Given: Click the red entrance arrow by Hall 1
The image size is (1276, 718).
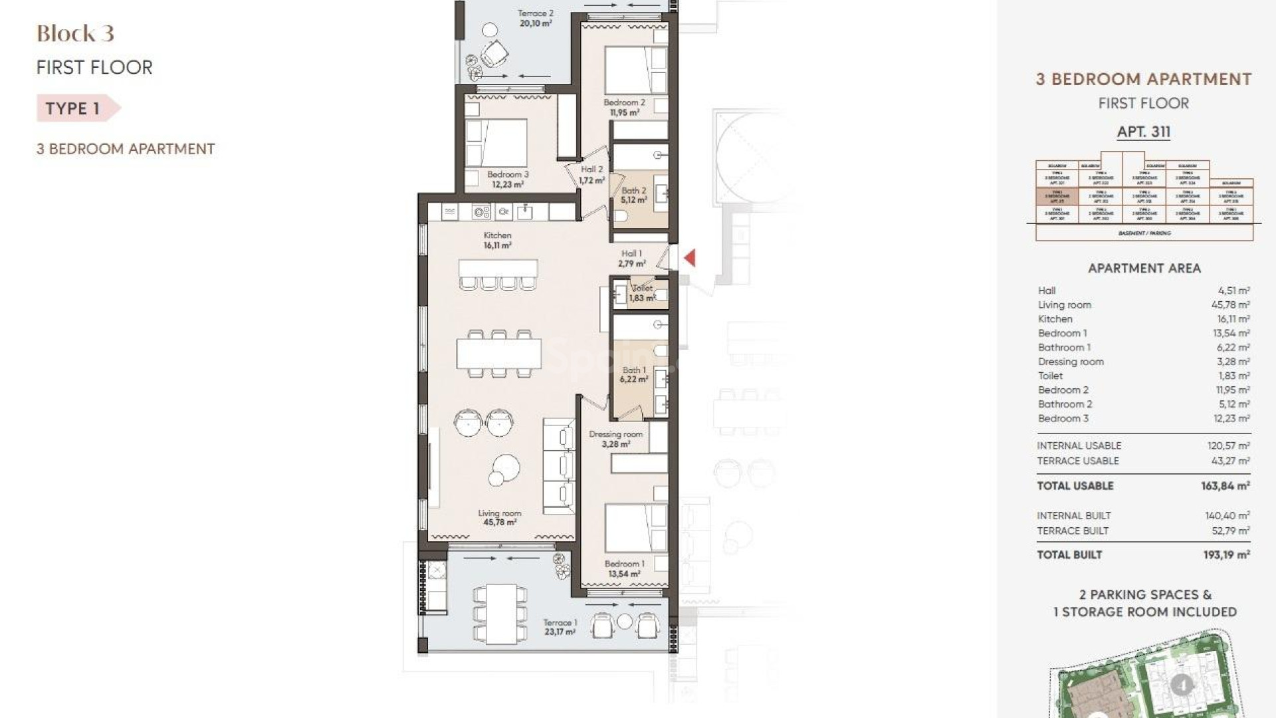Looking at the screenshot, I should coord(690,257).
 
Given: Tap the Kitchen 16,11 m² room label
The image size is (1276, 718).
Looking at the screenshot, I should coord(497,240).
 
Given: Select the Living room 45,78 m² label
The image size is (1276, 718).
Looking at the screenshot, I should coord(499,518).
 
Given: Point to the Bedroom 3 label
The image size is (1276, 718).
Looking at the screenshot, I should coord(508,179).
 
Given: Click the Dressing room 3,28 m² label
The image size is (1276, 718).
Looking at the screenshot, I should coord(615,439).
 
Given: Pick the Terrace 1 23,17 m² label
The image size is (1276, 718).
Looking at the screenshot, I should coord(560,627).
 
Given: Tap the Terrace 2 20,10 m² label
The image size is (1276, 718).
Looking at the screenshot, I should coord(536,18).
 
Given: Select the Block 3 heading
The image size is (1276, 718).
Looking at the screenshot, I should coord(75,33).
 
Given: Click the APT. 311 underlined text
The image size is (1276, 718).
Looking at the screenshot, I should coord(1143,132).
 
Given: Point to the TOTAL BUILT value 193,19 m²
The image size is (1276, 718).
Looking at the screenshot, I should coord(1226,554).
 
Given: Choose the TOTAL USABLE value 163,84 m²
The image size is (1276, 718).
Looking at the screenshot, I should coord(1225,486).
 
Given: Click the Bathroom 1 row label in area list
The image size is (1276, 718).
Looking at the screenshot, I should coord(1064,347).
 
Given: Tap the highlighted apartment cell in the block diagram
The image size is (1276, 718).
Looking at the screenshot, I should coord(1057,197).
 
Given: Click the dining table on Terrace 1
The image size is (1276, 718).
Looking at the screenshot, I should coord(502,614).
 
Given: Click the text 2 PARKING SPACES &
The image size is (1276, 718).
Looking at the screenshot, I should coord(1145,594).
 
